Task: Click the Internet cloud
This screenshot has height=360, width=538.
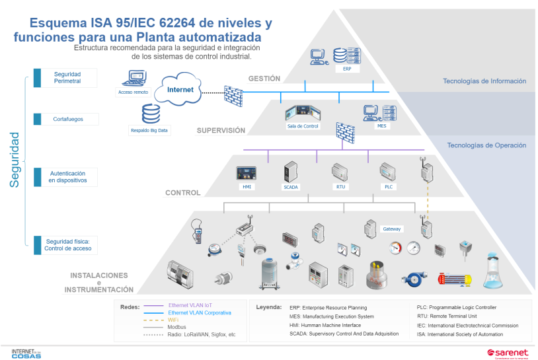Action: coord(179,92)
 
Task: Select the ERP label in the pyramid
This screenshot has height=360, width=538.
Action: coord(347,69)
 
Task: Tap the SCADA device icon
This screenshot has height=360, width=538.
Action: coord(291,172)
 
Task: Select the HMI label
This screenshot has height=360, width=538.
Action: coord(247,188)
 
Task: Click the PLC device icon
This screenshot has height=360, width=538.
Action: coord(387,172)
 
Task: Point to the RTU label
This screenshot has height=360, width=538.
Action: coord(340,188)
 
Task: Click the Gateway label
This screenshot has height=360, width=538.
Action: coord(393,229)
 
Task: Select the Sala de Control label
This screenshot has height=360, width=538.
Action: coord(303,126)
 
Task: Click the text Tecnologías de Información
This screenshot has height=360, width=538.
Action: coord(484,81)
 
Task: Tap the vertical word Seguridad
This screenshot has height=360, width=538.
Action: coord(15,159)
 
